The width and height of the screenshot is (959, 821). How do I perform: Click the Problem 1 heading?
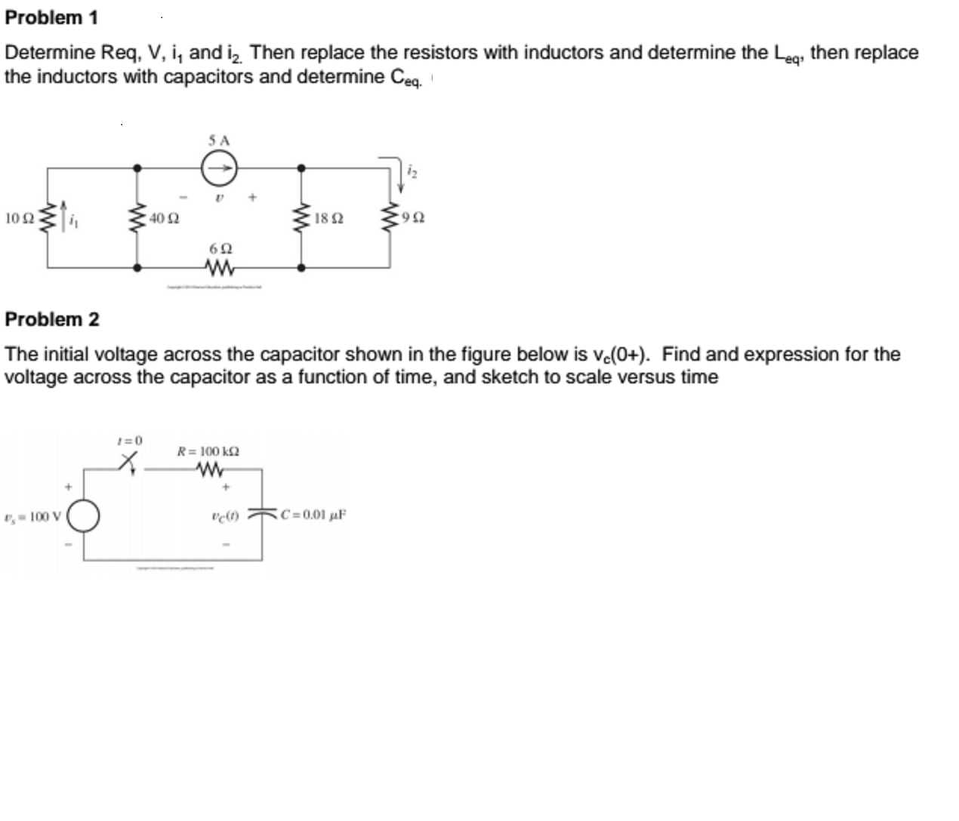pyautogui.click(x=51, y=17)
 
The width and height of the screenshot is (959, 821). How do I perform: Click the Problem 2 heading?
pyautogui.click(x=51, y=319)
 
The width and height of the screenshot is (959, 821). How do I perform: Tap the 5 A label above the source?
pyautogui.click(x=219, y=140)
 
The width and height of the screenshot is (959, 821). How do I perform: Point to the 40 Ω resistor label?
pyautogui.click(x=164, y=219)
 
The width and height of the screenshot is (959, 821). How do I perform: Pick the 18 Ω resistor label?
pyautogui.click(x=328, y=219)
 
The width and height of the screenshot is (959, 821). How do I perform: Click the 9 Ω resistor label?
pyautogui.click(x=414, y=219)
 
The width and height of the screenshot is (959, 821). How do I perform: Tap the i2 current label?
pyautogui.click(x=411, y=173)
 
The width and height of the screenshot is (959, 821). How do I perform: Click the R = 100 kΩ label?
pyautogui.click(x=208, y=451)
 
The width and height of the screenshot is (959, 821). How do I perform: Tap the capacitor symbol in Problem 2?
pyautogui.click(x=262, y=515)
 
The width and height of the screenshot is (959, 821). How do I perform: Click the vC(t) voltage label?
pyautogui.click(x=225, y=516)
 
